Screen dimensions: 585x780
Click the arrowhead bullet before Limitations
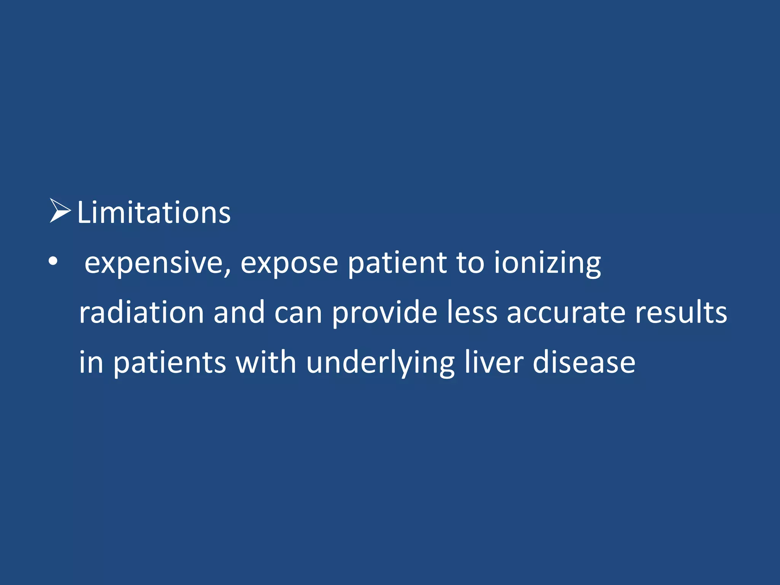coord(60,211)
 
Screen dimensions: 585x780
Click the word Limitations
coord(154,212)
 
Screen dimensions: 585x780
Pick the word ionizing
coord(547,264)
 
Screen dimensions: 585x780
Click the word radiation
coord(141,312)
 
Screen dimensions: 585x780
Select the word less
coord(472,312)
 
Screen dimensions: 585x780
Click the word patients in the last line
coord(170,363)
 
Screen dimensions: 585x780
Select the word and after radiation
coord(239,312)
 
